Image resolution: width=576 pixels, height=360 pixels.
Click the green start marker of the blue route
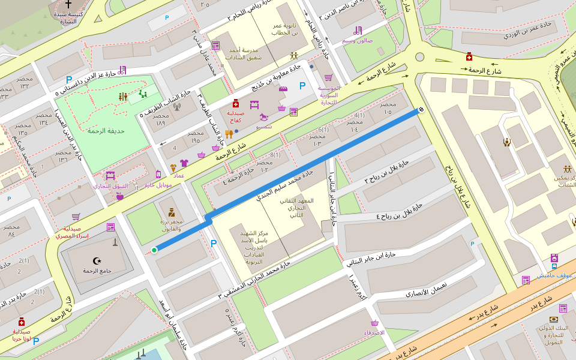[154, 250]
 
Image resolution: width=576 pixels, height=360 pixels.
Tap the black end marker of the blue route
[421, 109]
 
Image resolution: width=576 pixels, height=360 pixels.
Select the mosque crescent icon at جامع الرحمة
[97, 260]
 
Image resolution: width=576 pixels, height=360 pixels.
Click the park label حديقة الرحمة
[105, 131]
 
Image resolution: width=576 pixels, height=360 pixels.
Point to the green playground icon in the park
[143, 94]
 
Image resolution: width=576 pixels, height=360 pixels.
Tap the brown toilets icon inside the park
[123, 96]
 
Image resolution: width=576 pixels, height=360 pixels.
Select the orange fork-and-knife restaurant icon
[229, 134]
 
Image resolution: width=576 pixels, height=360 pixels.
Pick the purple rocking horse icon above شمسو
[264, 118]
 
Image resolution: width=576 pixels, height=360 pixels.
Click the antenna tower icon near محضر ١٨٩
[176, 108]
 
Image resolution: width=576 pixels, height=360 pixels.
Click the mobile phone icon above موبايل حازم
[158, 174]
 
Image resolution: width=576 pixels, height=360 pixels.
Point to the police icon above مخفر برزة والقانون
[172, 211]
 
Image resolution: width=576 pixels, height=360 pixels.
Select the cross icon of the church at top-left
[77, 4]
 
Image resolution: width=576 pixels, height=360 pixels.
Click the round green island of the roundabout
[419, 57]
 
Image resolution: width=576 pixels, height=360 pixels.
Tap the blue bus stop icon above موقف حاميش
[554, 266]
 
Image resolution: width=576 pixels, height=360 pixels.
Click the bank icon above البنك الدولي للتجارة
[553, 320]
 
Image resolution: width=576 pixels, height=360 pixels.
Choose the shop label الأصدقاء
[374, 332]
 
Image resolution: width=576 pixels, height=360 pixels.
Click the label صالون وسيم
[358, 40]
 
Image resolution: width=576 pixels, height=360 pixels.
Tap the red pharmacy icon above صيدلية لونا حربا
[22, 322]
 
